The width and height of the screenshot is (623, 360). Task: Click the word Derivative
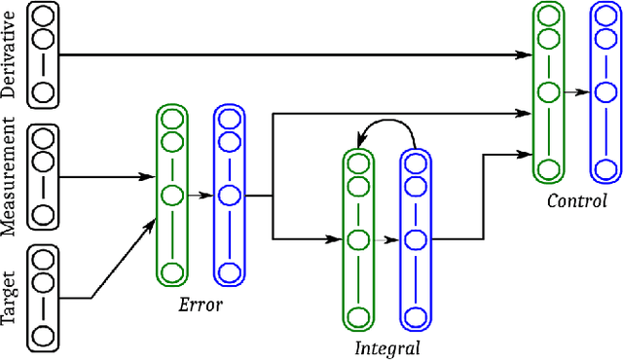pyautogui.click(x=10, y=55)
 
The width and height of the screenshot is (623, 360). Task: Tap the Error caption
pyautogui.click(x=201, y=304)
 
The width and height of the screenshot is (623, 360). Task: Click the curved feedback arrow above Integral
pyautogui.click(x=387, y=127)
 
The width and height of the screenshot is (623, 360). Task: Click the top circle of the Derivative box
pyautogui.click(x=42, y=17)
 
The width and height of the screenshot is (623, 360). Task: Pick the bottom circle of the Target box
pyautogui.click(x=42, y=337)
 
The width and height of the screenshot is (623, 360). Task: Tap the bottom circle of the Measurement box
pyautogui.click(x=42, y=214)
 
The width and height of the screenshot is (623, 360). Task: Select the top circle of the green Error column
pyautogui.click(x=172, y=120)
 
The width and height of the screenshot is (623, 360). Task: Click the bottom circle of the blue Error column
pyautogui.click(x=229, y=271)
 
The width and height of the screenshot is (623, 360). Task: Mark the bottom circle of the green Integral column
pyautogui.click(x=358, y=315)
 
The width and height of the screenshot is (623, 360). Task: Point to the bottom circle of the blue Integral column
pyautogui.click(x=415, y=315)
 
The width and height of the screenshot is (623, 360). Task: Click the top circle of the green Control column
pyautogui.click(x=548, y=17)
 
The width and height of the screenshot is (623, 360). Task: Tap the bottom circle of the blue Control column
pyautogui.click(x=605, y=169)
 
